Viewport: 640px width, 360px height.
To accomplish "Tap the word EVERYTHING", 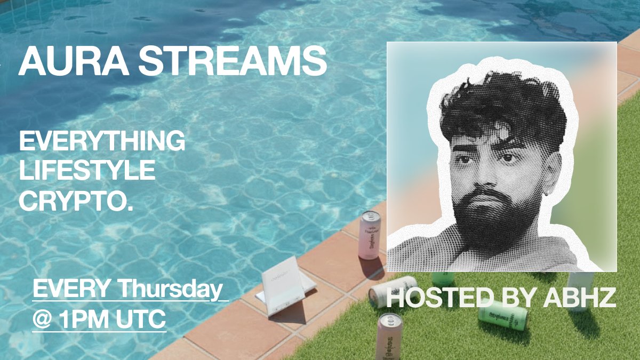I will click(102, 142).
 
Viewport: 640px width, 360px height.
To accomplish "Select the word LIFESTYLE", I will click(87, 172).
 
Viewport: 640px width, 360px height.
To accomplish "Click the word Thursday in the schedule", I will click(170, 290).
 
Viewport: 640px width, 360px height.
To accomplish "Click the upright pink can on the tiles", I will click(369, 235).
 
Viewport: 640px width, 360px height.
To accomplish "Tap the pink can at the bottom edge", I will click(389, 336).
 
